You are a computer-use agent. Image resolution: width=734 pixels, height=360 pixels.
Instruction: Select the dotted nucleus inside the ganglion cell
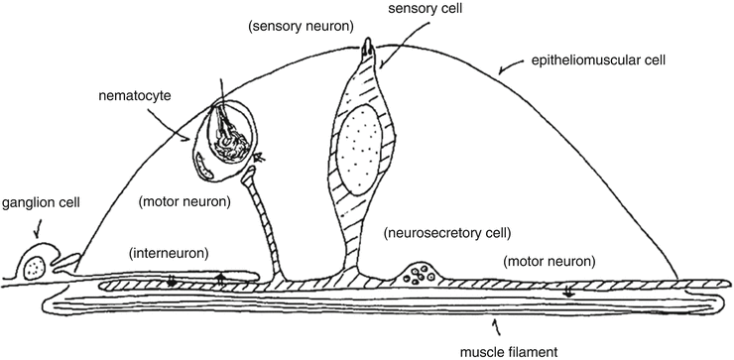35,266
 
